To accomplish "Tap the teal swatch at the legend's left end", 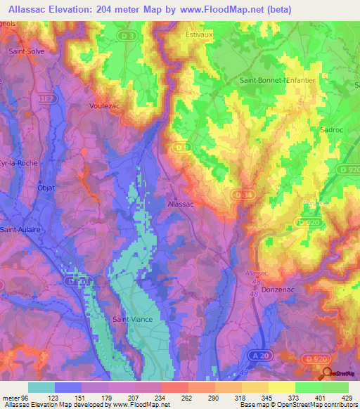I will (41, 387).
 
